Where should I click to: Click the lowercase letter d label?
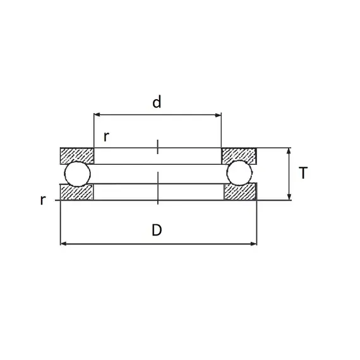point(157,102)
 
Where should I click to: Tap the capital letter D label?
point(157,230)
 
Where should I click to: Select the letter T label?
point(303,172)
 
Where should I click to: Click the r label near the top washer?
point(106,137)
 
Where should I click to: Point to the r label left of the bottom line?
point(43,200)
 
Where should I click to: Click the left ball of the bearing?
point(78,174)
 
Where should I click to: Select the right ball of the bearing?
point(239,172)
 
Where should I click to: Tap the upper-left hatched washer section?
point(77,156)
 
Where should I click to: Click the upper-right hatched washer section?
point(239,155)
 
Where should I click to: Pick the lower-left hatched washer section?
point(76,192)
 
